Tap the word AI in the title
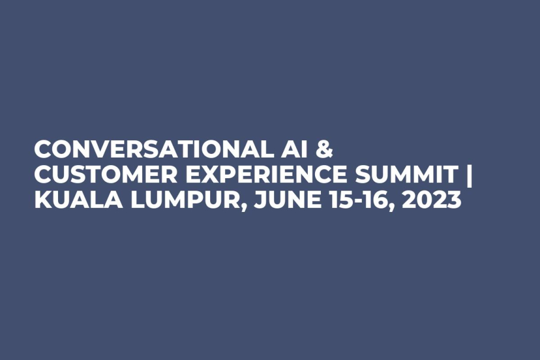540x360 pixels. (x=292, y=150)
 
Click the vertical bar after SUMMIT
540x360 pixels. (x=469, y=175)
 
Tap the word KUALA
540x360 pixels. (x=67, y=201)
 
